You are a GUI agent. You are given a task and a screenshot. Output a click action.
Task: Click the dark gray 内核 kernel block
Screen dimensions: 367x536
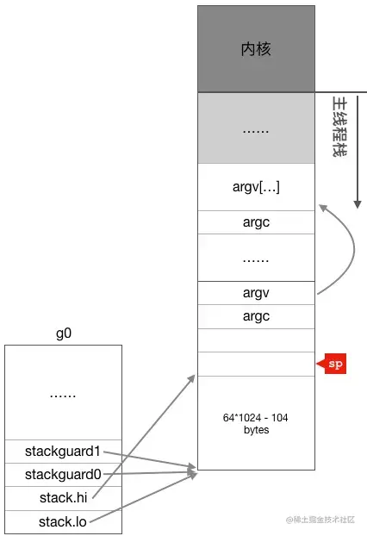256,49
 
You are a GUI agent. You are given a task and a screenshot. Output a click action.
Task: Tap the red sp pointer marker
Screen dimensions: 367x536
333,364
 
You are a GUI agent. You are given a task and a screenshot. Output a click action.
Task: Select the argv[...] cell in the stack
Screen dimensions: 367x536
256,187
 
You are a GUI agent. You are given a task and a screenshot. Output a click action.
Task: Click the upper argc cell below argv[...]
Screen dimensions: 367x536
256,222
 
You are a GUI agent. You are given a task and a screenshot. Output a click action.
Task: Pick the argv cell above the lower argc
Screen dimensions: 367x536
256,293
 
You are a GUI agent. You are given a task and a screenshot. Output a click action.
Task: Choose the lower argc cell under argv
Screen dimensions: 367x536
256,316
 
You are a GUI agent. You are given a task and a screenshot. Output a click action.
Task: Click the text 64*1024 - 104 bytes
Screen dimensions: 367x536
256,423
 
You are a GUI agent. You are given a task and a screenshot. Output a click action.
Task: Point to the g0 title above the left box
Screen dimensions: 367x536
64,333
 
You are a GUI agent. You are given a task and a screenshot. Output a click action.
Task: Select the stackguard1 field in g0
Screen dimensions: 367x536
63,452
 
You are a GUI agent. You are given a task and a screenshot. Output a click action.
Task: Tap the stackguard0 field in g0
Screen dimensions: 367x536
63,475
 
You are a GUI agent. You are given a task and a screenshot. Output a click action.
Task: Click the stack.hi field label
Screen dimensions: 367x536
63,498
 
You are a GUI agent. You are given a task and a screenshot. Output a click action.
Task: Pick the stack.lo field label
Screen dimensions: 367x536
63,522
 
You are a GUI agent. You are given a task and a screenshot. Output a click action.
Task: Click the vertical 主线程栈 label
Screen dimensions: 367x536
340,127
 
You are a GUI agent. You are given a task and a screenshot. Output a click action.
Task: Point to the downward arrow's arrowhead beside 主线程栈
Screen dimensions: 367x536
358,204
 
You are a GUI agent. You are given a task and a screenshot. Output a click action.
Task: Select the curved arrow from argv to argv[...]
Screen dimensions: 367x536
354,249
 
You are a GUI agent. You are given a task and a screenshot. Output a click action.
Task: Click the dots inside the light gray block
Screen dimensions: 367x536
256,131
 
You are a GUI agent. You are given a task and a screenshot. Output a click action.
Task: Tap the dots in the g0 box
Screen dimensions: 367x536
63,396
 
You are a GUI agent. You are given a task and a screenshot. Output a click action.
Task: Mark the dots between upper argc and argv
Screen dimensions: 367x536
256,261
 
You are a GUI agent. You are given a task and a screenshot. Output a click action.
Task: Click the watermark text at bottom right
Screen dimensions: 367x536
320,520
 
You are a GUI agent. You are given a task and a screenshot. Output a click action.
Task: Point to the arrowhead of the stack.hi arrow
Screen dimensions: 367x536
192,378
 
